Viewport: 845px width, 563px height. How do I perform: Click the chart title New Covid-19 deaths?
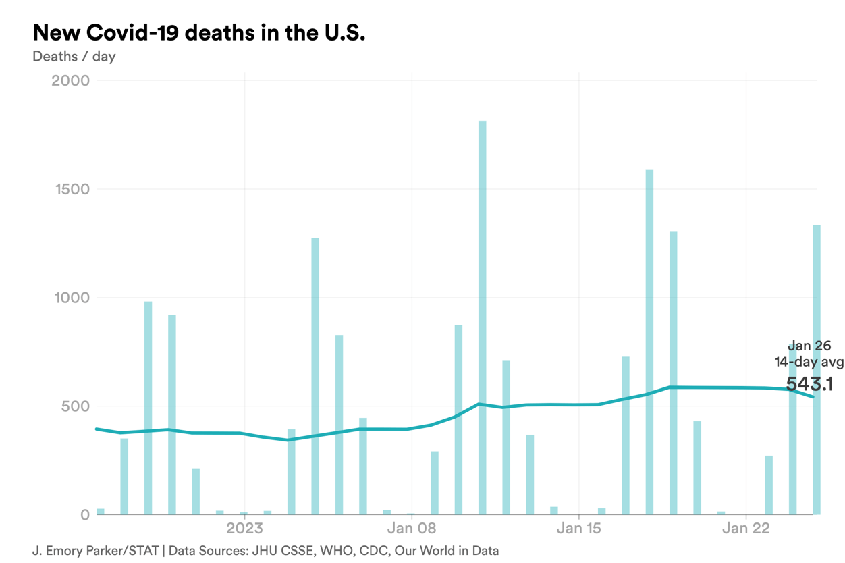(198, 32)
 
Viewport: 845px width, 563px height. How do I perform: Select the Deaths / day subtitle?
(74, 57)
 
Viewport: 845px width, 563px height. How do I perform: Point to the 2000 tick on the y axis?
(70, 81)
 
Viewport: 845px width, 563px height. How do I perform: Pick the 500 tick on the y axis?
(76, 406)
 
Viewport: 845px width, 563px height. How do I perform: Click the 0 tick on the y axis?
(84, 515)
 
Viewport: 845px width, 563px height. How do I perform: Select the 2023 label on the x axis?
(244, 528)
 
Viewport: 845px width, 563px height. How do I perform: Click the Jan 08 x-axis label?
(412, 528)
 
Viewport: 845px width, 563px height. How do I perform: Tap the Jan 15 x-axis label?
(579, 528)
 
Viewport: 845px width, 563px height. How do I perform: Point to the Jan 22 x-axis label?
(746, 528)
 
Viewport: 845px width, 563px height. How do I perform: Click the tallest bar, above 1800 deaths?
(482, 317)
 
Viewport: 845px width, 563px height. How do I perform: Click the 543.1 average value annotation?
(809, 385)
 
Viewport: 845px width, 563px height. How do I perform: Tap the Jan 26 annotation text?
(809, 346)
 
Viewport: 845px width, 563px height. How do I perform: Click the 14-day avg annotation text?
(809, 363)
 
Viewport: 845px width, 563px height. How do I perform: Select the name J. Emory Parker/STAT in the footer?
(95, 551)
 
